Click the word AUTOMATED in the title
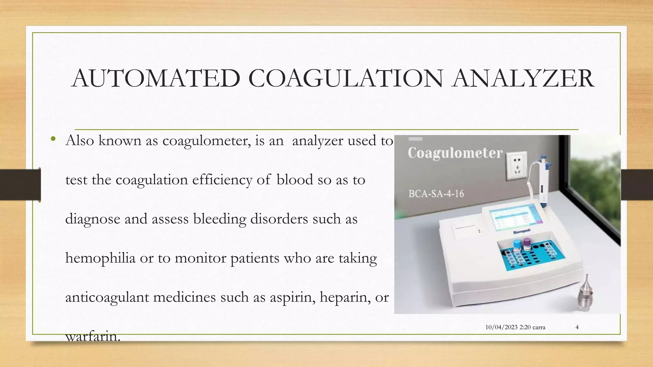156,78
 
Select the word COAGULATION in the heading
345,78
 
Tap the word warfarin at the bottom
92,336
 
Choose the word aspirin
292,298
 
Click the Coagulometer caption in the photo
455,153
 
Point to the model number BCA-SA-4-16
436,194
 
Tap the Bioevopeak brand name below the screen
522,232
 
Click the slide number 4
577,327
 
